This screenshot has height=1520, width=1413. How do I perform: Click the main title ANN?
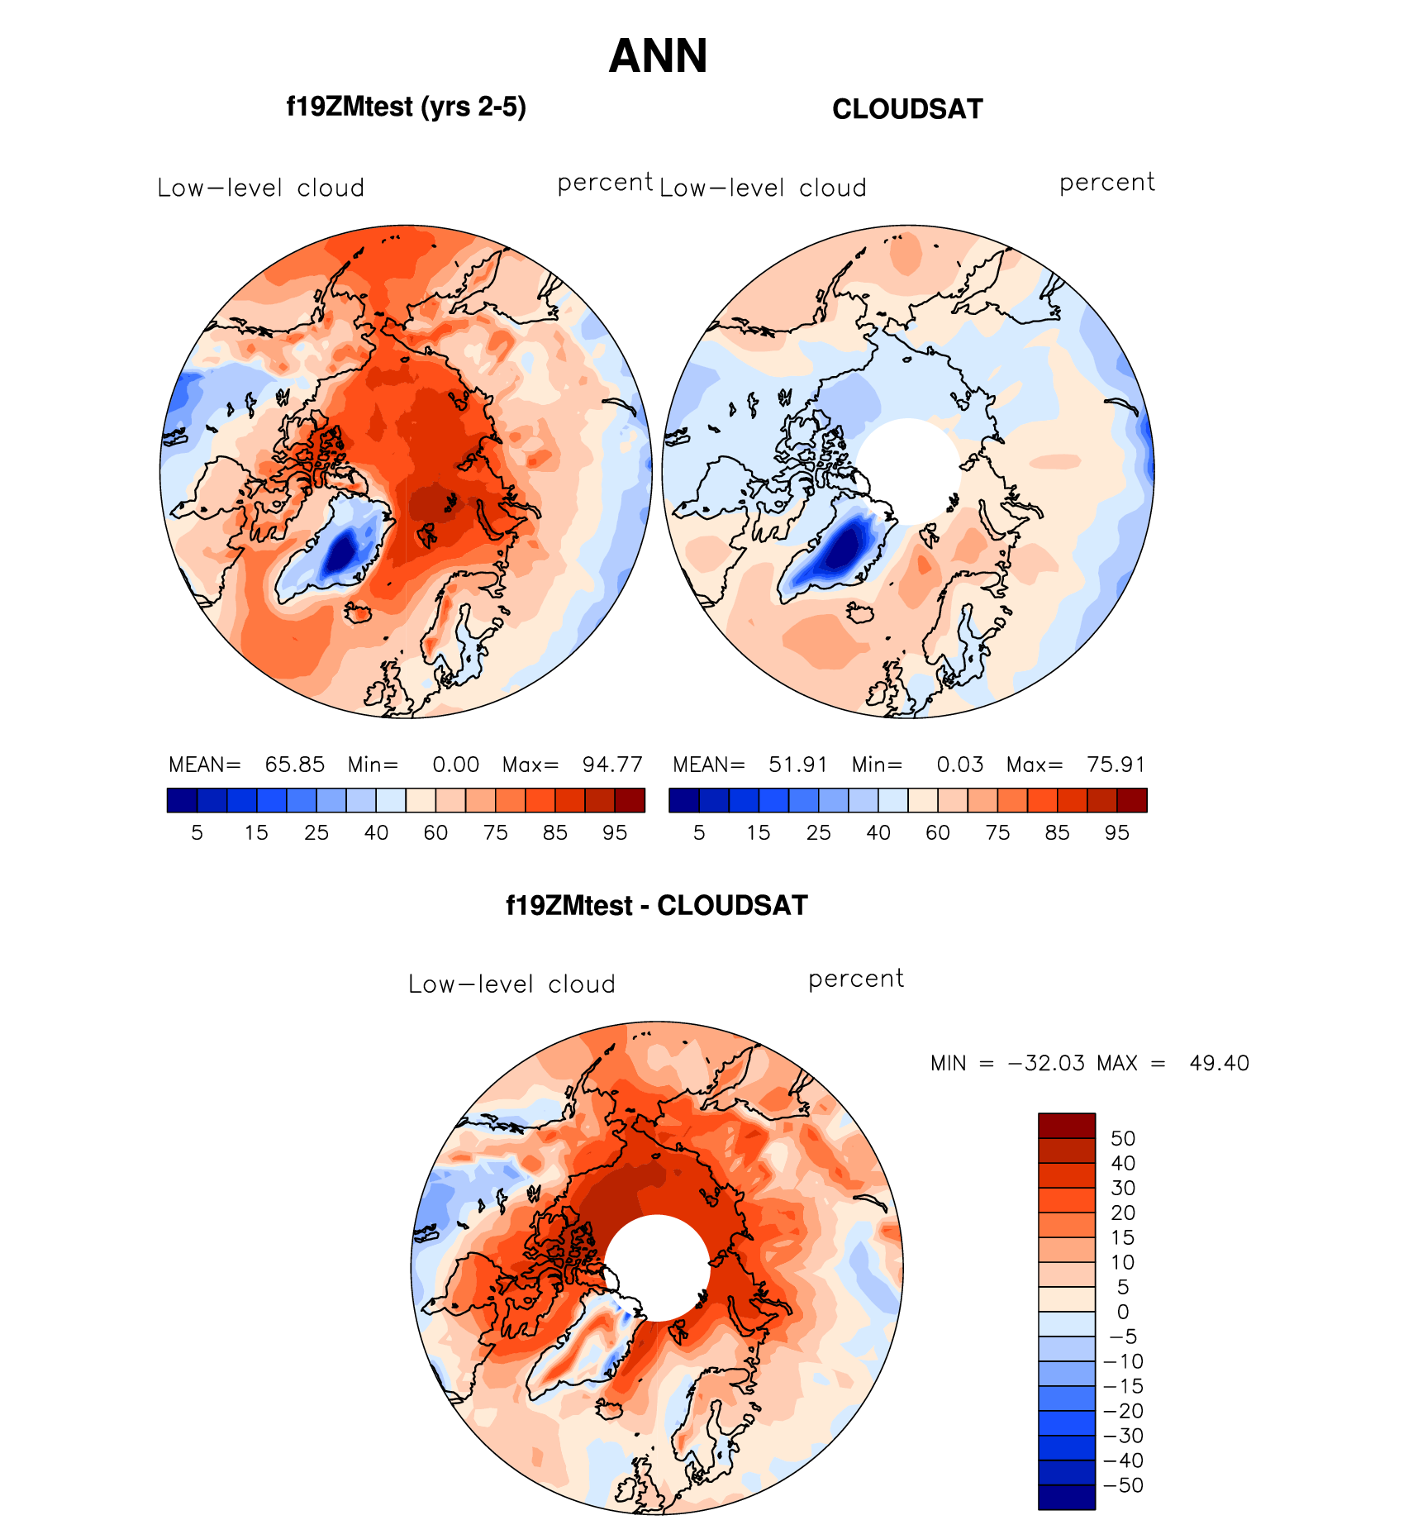point(658,56)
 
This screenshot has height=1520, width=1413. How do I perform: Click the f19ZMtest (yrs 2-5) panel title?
point(406,107)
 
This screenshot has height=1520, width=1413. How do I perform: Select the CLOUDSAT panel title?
point(907,109)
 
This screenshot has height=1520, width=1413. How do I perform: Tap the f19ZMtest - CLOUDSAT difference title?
point(656,906)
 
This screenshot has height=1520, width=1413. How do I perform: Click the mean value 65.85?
point(294,765)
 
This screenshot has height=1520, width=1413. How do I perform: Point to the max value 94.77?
point(612,765)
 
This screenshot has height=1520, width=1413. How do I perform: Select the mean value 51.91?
point(798,765)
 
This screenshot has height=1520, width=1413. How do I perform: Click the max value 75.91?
point(1116,765)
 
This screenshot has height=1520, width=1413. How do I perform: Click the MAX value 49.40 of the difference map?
point(1219,1063)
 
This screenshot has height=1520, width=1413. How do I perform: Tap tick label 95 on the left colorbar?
point(614,833)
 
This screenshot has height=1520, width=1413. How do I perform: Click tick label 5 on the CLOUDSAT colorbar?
point(699,833)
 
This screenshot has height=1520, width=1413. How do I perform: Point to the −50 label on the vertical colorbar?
point(1124,1485)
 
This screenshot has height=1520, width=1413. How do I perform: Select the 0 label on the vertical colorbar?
point(1122,1312)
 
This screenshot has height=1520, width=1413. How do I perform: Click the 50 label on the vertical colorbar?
point(1123,1138)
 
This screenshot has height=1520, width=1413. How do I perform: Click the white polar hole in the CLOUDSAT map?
point(908,470)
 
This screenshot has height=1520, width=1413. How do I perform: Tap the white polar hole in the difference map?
point(657,1267)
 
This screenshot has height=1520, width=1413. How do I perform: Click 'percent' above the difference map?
point(856,979)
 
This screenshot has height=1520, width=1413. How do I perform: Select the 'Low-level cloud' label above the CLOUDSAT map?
point(763,188)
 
